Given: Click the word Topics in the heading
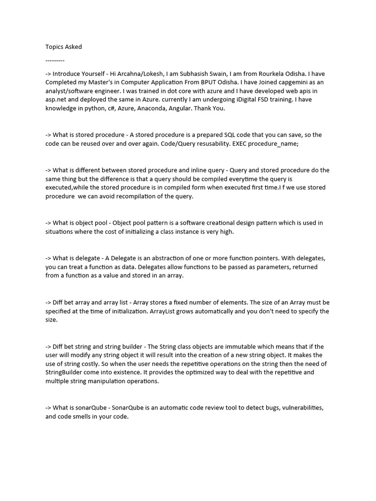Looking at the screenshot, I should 54,47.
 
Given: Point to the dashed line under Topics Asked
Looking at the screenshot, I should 55,59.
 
